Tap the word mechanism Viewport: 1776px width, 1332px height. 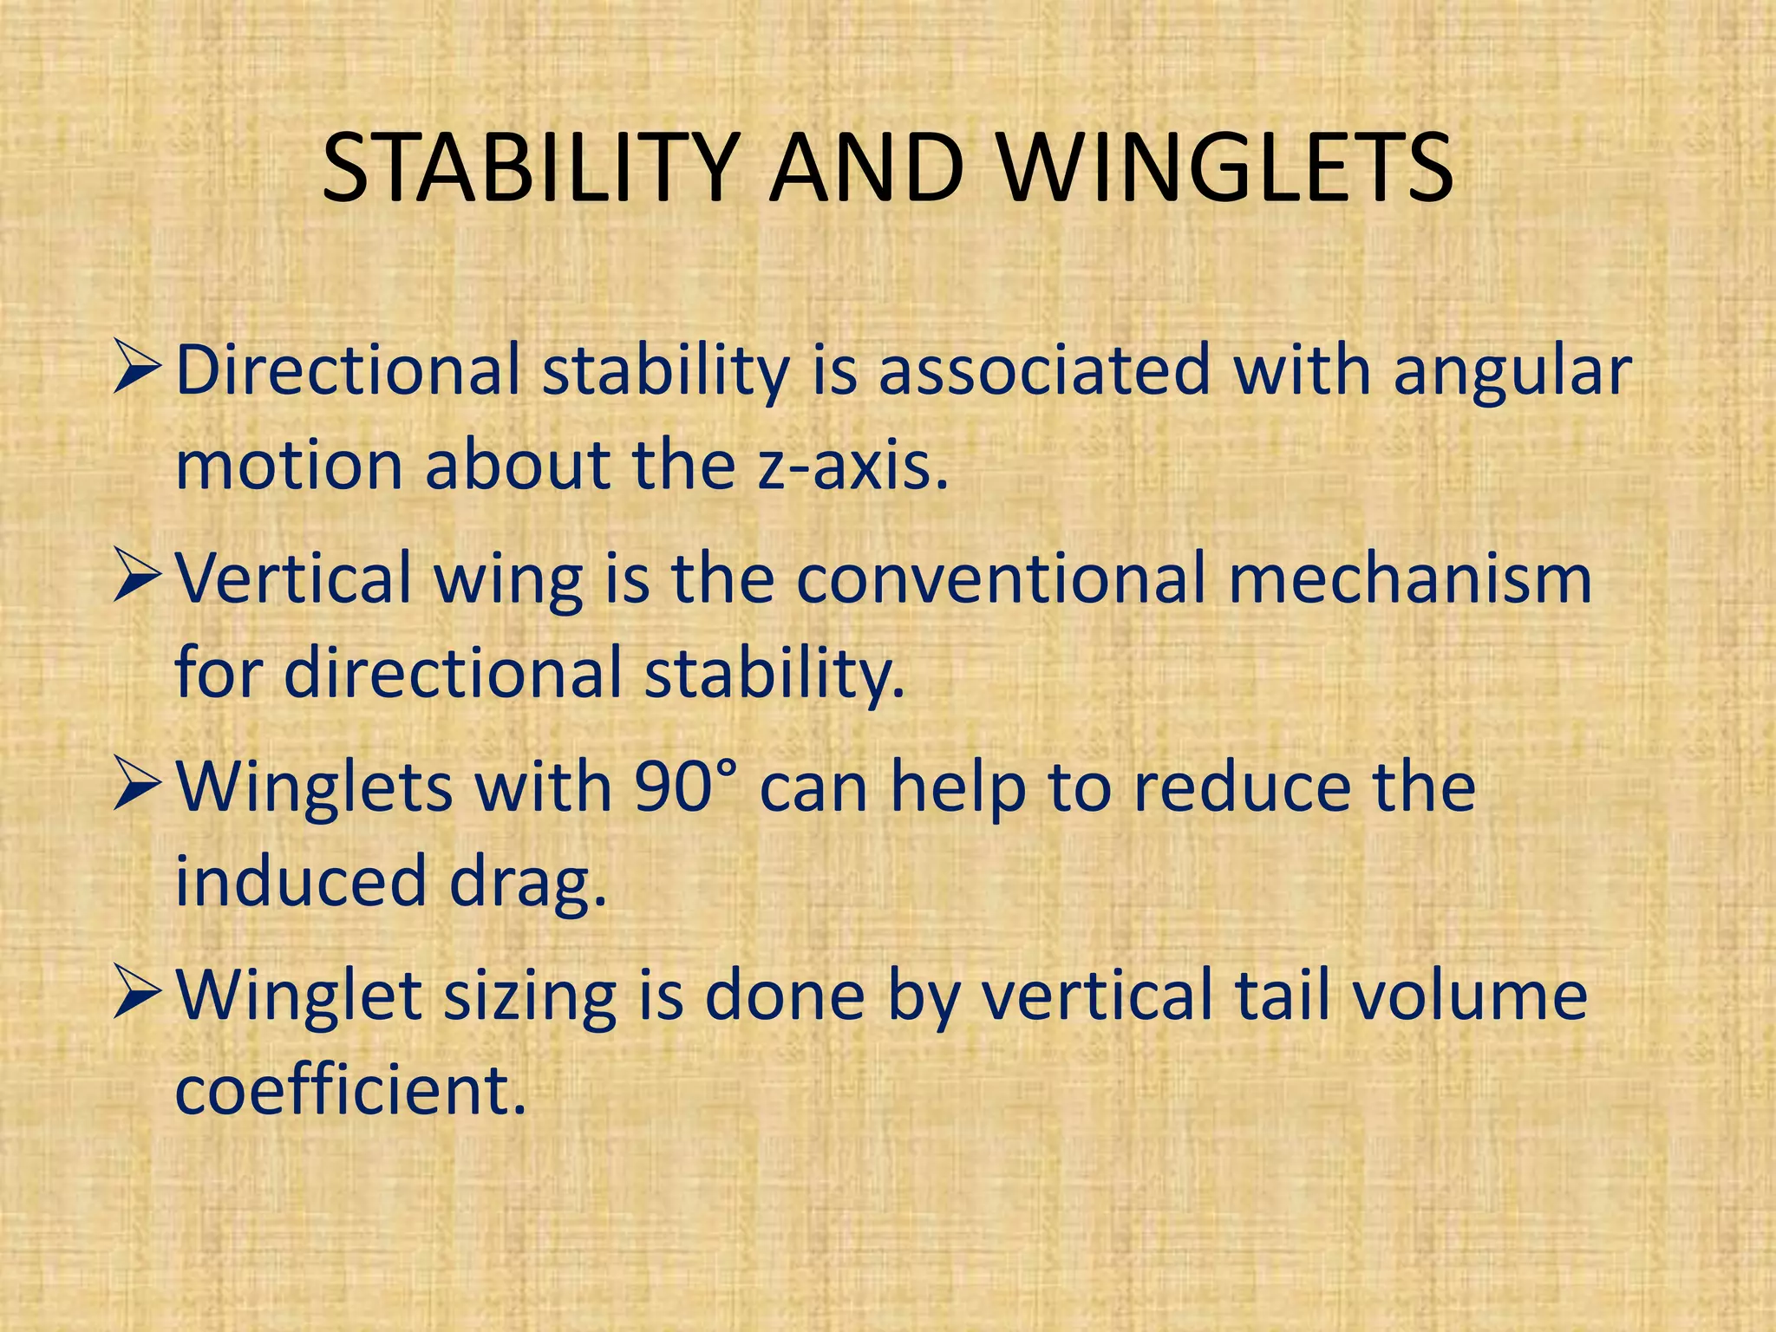click(1410, 579)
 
